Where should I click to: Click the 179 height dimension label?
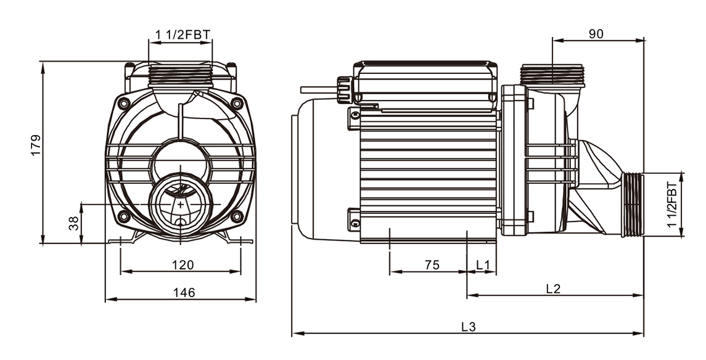(x=36, y=145)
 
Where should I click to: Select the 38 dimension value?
(x=73, y=224)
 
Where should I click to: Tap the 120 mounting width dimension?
(x=183, y=265)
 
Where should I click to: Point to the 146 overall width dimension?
(x=184, y=293)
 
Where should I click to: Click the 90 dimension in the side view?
(x=596, y=34)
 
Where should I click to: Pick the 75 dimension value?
(x=432, y=265)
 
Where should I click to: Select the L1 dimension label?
(x=482, y=265)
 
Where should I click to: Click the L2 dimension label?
(x=553, y=289)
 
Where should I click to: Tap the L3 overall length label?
(x=469, y=327)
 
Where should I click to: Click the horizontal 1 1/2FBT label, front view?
(x=183, y=35)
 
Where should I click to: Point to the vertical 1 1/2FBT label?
(x=672, y=205)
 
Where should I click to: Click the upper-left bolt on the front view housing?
(x=124, y=104)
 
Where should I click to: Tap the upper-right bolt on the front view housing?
(x=237, y=104)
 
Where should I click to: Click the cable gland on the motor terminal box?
(x=345, y=89)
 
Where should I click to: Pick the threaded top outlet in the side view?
(x=552, y=75)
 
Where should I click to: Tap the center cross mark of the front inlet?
(x=181, y=205)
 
